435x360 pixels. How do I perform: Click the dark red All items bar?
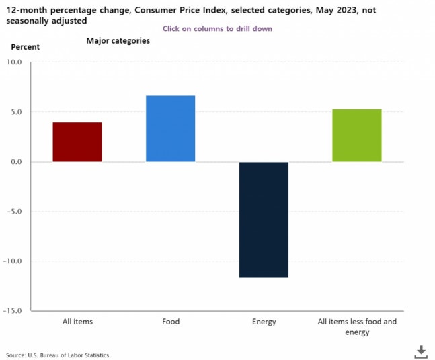point(77,142)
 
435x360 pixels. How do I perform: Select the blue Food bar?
point(170,128)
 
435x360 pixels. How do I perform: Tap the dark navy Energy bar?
point(264,220)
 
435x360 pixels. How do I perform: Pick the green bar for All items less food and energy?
point(357,136)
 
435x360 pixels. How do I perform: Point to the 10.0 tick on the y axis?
point(14,62)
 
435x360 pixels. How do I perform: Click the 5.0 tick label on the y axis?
point(16,112)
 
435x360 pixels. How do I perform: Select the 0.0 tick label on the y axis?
point(16,162)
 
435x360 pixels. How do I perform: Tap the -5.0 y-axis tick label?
point(15,212)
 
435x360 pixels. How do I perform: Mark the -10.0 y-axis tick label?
point(13,261)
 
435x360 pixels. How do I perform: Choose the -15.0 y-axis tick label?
point(13,311)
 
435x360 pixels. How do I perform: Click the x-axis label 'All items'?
point(77,322)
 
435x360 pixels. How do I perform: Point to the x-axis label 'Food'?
point(171,322)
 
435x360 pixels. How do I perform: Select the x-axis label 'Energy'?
point(264,322)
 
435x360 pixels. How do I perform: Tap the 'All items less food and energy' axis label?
point(357,327)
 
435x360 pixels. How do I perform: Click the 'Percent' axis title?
point(26,47)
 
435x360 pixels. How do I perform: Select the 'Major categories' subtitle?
point(118,41)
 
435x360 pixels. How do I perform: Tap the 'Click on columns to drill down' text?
point(217,29)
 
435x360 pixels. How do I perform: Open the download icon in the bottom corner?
point(421,351)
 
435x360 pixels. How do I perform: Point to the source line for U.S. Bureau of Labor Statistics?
point(58,355)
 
